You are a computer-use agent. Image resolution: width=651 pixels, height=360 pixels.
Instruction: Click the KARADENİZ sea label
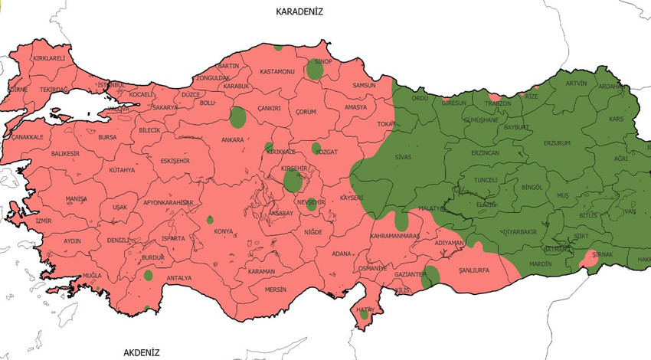[x=301, y=11]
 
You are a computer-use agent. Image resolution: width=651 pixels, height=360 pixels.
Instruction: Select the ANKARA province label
[x=232, y=140]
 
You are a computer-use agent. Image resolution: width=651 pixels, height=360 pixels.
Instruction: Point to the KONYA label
[x=224, y=231]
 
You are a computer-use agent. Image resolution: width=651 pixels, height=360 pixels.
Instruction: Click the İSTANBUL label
[x=110, y=84]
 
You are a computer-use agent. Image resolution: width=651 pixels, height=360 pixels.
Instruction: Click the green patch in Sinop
[x=315, y=69]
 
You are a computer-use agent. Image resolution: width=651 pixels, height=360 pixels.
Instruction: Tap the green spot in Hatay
[x=365, y=315]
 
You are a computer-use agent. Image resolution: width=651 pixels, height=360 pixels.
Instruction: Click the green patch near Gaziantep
[x=431, y=276]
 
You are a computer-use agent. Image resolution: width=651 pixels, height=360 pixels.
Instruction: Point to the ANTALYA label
[x=178, y=278]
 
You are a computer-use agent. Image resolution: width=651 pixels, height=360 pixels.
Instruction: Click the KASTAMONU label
[x=277, y=71]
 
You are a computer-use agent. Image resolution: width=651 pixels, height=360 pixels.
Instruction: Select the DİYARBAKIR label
[x=519, y=231]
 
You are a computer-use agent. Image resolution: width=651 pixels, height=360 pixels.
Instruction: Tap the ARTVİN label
[x=576, y=83]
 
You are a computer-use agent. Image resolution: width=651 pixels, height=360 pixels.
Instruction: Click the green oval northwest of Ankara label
[x=238, y=117]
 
